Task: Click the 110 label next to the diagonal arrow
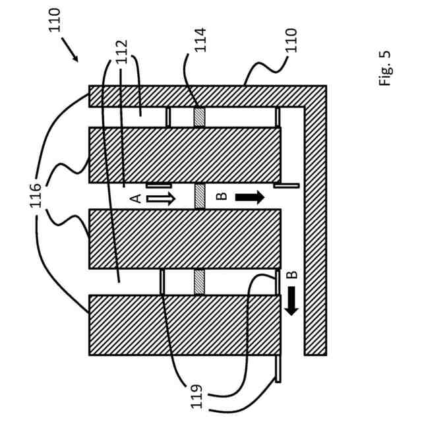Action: coord(55,19)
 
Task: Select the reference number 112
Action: coord(121,53)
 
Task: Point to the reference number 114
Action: coord(200,40)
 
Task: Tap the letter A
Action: coord(135,198)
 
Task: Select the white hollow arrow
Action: coord(160,198)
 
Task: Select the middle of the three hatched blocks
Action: coord(185,239)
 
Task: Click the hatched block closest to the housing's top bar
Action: coord(185,155)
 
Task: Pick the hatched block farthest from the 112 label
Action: coord(185,325)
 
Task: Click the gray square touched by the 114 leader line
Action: coord(200,117)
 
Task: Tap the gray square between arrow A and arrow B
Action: coord(200,196)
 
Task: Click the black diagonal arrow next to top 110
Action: coord(71,50)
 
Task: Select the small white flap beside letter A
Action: coord(158,185)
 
